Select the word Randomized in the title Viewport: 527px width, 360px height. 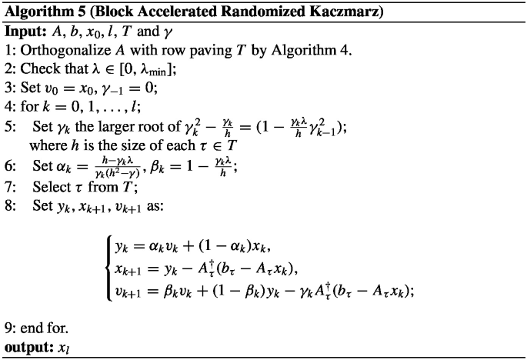point(242,15)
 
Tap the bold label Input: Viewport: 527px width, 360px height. point(28,34)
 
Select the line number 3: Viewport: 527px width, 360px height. point(11,87)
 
